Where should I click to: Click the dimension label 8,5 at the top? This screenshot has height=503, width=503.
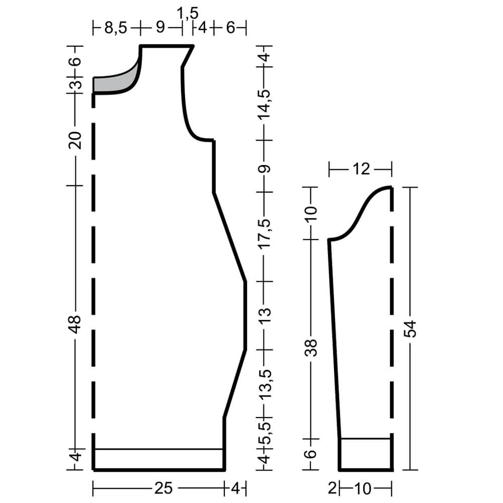(x=116, y=28)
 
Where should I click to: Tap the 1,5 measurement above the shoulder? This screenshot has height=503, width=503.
(x=187, y=14)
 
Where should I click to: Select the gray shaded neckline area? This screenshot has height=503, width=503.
(x=116, y=80)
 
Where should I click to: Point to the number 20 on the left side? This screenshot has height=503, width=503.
(x=75, y=140)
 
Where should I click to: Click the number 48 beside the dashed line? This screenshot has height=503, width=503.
(x=75, y=324)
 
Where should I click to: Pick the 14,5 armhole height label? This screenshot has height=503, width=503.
(x=265, y=104)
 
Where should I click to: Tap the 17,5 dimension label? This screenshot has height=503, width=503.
(x=265, y=234)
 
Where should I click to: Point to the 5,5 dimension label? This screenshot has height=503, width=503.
(x=265, y=431)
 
